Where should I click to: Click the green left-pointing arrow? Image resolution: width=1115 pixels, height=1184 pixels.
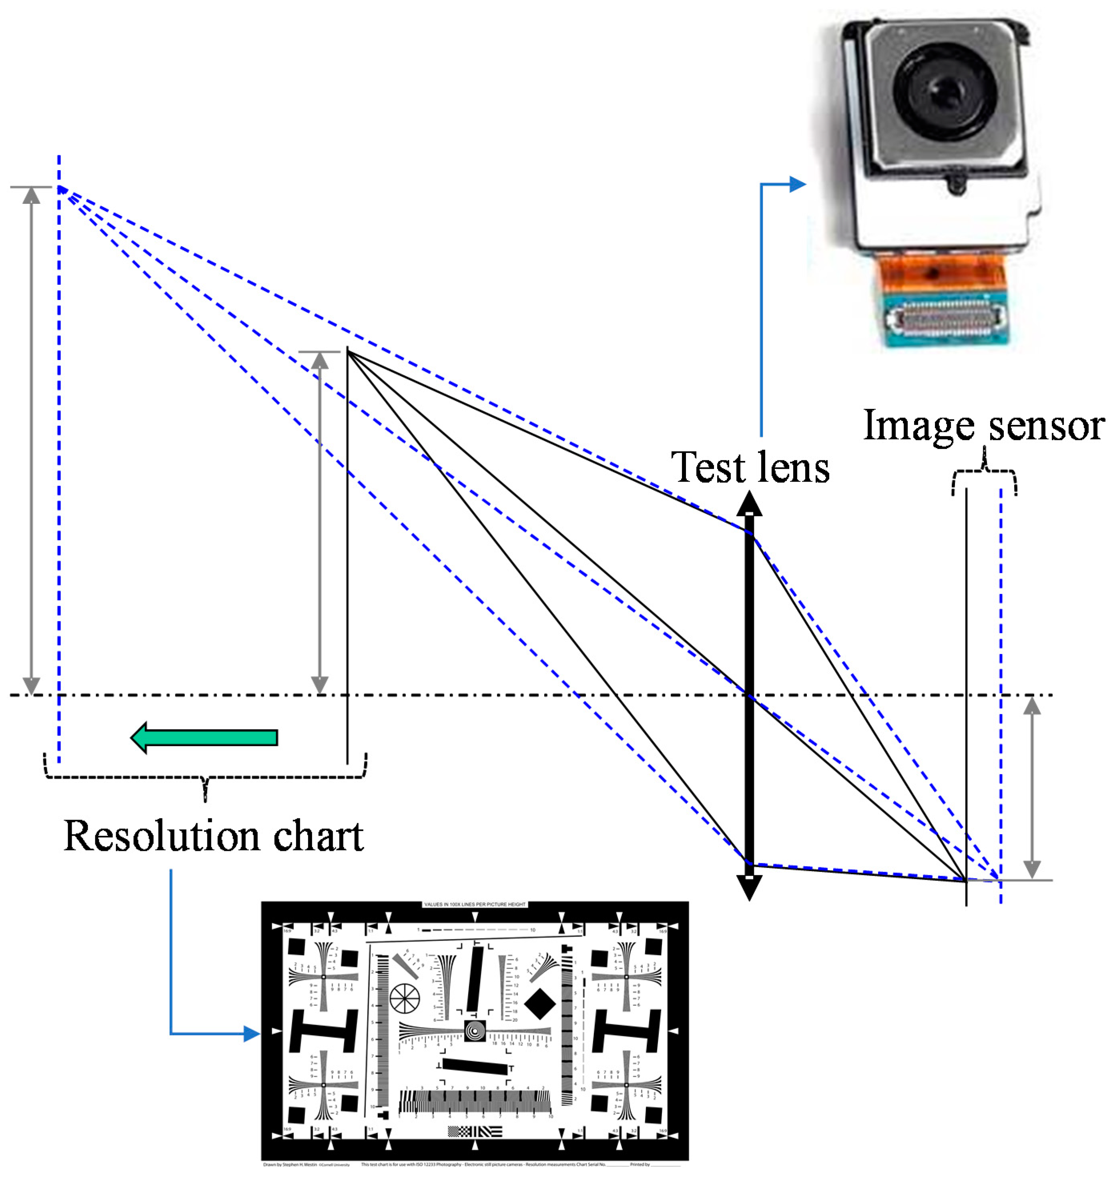(x=204, y=737)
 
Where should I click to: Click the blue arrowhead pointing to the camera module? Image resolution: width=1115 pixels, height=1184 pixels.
(x=797, y=185)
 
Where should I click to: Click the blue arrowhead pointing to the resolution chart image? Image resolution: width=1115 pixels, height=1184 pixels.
(x=251, y=1033)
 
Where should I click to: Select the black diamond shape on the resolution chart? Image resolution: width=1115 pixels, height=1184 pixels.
(x=539, y=1004)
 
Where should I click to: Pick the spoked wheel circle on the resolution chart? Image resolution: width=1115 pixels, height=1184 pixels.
(x=404, y=997)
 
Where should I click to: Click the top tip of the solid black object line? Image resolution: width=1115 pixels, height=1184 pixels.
(x=348, y=352)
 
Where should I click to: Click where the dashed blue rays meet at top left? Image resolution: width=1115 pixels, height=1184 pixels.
(x=60, y=189)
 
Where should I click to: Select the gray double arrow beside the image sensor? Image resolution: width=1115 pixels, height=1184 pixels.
(x=1032, y=787)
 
